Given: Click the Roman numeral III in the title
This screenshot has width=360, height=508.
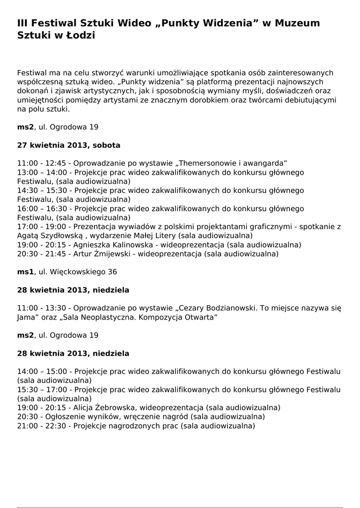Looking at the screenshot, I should tap(22, 23).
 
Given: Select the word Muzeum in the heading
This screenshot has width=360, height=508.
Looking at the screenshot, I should tap(297, 23).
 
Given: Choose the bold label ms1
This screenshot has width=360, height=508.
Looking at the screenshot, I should tap(25, 272).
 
